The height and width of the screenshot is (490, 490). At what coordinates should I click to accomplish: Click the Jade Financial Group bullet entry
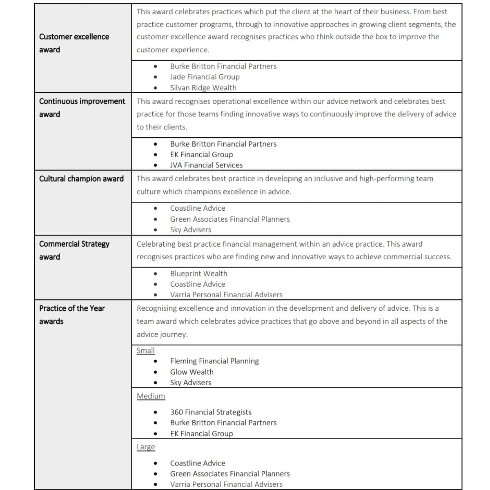click(205, 77)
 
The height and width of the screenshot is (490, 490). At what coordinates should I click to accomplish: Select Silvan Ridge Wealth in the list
click(203, 87)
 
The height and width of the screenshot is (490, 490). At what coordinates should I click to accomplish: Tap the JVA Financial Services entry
click(206, 165)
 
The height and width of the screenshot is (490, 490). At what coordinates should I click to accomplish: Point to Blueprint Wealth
click(198, 274)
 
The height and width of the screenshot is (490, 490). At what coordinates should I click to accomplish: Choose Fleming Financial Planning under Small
click(214, 361)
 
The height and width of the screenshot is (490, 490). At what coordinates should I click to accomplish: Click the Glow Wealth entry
click(192, 372)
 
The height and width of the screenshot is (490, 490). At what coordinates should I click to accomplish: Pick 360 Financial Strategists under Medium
click(211, 412)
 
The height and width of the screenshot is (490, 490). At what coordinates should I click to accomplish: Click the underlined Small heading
click(145, 350)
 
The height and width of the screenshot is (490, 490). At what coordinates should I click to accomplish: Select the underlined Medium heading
click(151, 396)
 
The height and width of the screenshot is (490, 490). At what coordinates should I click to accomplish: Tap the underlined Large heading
click(146, 446)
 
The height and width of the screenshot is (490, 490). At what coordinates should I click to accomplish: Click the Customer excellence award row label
click(74, 43)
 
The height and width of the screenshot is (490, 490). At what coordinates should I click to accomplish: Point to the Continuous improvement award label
click(82, 107)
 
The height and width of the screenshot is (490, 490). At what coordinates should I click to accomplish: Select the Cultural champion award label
click(81, 178)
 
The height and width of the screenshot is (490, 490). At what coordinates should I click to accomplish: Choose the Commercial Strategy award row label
click(74, 250)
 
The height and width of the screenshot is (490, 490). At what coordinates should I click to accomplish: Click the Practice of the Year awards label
click(71, 314)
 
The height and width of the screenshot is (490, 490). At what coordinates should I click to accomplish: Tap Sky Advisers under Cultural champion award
click(190, 229)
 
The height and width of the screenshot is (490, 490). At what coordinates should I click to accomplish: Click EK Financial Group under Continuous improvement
click(201, 154)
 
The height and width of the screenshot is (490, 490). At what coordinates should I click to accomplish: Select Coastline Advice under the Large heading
click(198, 463)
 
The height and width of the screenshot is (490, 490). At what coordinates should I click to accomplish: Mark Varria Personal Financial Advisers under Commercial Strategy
click(226, 294)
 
